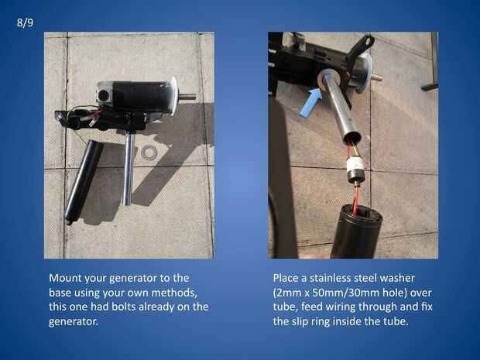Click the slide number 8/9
click(25, 23)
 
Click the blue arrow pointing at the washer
click(310, 102)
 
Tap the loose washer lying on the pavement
click(149, 152)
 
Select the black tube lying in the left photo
click(84, 181)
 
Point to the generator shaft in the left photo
click(187, 97)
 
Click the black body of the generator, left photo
click(139, 96)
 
